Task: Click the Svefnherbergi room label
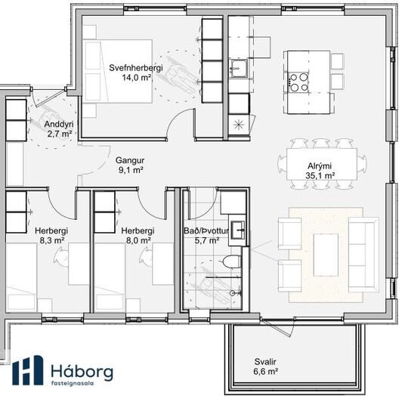pyautogui.click(x=136, y=68)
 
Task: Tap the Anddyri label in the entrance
pyautogui.click(x=59, y=124)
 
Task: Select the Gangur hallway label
pyautogui.click(x=130, y=160)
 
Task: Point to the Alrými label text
pyautogui.click(x=320, y=166)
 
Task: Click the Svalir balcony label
pyautogui.click(x=265, y=362)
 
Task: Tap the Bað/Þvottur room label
pyautogui.click(x=206, y=230)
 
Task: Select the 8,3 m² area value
pyautogui.click(x=52, y=240)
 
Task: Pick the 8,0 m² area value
pyautogui.click(x=138, y=240)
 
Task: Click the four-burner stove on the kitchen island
pyautogui.click(x=298, y=82)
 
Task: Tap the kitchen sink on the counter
pyautogui.click(x=240, y=68)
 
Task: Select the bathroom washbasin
pyautogui.click(x=238, y=230)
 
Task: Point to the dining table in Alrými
pyautogui.click(x=322, y=164)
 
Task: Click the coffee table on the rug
pyautogui.click(x=326, y=255)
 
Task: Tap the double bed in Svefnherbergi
pyautogui.click(x=117, y=71)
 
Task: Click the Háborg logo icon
pyautogui.click(x=28, y=370)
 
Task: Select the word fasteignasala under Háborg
pyautogui.click(x=72, y=384)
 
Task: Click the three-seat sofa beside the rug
pyautogui.click(x=363, y=255)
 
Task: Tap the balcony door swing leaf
pyautogui.click(x=277, y=328)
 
